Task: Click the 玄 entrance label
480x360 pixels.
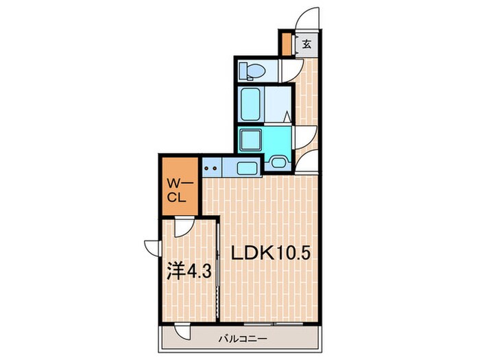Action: pyautogui.click(x=307, y=45)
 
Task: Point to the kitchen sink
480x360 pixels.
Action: pyautogui.click(x=245, y=166)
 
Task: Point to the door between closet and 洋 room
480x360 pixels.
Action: pyautogui.click(x=182, y=226)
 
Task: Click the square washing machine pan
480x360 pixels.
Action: pyautogui.click(x=250, y=141)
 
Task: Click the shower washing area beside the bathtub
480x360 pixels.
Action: pyautogui.click(x=277, y=104)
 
